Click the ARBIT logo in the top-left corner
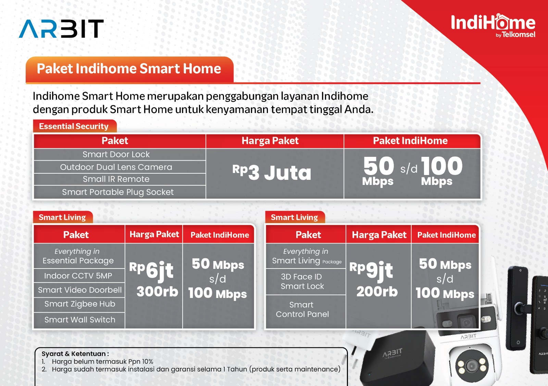(x=61, y=29)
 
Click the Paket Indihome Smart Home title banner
(x=129, y=69)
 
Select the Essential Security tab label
(x=74, y=126)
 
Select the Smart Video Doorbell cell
(x=79, y=290)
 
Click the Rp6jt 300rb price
(x=154, y=279)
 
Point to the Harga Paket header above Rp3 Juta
(x=270, y=141)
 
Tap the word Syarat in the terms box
(x=53, y=354)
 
